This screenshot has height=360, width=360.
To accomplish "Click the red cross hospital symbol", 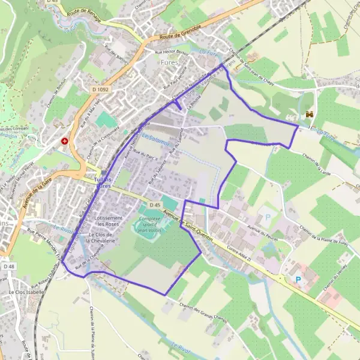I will click(64, 142).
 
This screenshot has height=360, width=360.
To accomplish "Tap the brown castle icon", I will click(310, 114).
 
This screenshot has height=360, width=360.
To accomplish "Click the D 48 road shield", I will click(8, 266).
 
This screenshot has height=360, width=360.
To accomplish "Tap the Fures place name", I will click(170, 62).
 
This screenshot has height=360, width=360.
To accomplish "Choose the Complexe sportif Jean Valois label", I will click(149, 224).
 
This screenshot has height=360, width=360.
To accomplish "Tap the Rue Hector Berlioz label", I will click(173, 53).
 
